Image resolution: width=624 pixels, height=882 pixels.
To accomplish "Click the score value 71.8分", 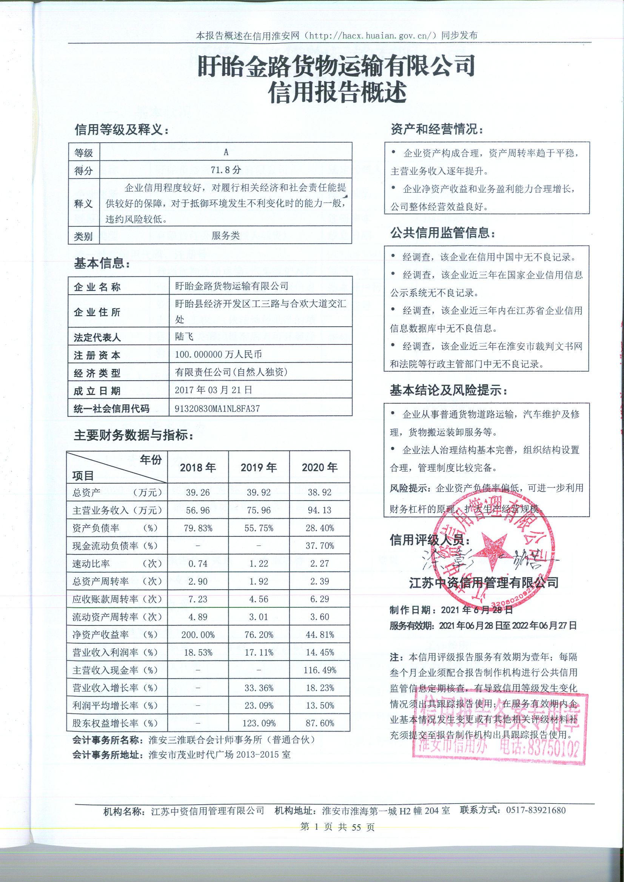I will click(226, 169).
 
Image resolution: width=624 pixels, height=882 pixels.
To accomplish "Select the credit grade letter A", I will click(226, 152).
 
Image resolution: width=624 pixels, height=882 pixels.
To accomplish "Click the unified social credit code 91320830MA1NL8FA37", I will click(217, 408).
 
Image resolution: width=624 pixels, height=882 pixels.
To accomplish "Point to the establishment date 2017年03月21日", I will click(213, 390).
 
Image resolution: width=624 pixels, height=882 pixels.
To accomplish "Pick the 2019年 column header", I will click(259, 467).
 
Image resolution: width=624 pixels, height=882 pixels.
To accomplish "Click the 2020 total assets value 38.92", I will click(319, 492).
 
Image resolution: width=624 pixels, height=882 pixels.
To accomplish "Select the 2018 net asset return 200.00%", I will click(198, 635).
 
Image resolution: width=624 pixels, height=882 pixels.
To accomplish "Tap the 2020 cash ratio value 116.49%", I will click(319, 670).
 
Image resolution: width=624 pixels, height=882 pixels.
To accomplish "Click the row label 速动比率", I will click(91, 564).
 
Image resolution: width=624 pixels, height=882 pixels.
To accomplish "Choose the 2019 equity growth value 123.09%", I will click(259, 723).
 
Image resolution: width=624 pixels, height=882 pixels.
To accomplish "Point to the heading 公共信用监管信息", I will click(443, 233).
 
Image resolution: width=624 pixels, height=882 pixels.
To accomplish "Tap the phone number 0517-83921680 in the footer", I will click(536, 810).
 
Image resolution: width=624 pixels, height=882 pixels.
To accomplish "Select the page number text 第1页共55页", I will click(337, 827).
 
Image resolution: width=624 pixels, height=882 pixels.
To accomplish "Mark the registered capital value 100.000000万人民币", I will click(218, 354).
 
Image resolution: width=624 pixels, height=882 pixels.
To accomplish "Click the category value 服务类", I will click(226, 235).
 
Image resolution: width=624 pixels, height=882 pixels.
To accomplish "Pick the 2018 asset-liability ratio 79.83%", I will click(198, 528).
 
